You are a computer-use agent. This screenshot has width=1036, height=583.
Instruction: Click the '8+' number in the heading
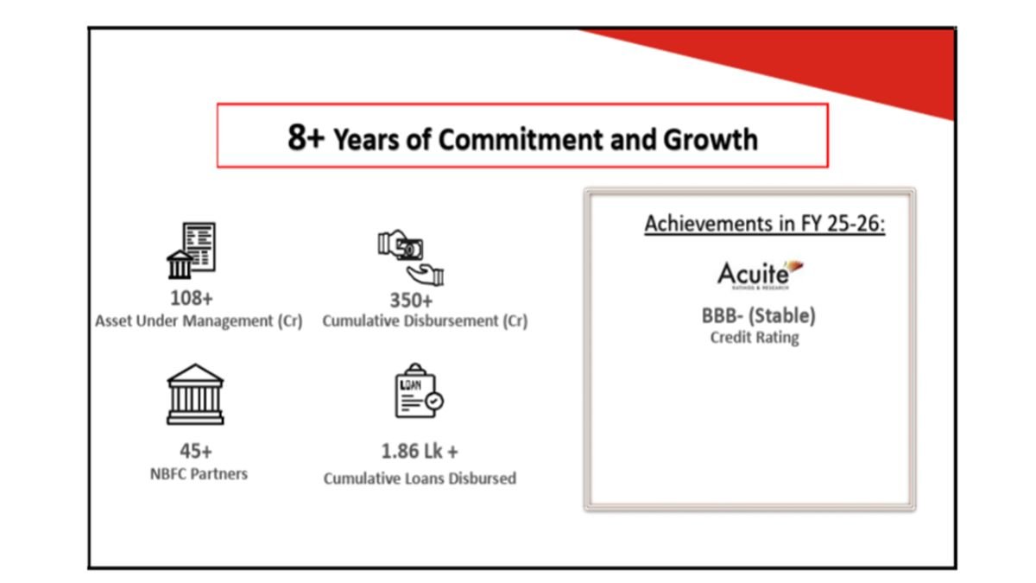coord(306,137)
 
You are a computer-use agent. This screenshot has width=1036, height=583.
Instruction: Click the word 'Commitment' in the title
coord(521,139)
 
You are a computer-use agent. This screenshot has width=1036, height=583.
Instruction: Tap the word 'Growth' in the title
coord(711,139)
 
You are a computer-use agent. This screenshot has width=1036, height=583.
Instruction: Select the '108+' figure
coord(192,298)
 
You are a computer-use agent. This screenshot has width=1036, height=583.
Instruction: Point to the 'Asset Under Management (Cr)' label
coord(199,320)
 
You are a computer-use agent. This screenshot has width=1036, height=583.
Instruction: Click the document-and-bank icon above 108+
coord(192,250)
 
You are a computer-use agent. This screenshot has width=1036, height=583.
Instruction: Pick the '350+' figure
coord(411,301)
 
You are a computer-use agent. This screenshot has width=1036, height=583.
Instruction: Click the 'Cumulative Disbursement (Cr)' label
coord(425,320)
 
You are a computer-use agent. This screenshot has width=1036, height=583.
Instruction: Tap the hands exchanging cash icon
coord(411,257)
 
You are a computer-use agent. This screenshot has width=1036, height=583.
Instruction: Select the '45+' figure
coord(196,451)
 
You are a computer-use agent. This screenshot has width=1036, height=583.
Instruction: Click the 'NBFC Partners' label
coord(199,474)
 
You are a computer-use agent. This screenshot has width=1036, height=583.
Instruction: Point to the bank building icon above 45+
coord(195,394)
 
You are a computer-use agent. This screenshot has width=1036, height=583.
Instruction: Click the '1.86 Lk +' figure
coord(420,451)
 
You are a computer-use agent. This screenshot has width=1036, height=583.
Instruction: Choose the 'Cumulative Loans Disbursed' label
coord(420,478)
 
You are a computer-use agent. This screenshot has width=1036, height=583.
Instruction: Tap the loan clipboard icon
coord(419,390)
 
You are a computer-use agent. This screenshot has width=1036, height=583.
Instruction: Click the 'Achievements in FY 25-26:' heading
coord(765,224)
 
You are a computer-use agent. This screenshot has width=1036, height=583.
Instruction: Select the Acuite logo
coord(760,275)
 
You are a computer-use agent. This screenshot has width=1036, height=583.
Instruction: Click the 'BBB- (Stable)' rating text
coord(759,316)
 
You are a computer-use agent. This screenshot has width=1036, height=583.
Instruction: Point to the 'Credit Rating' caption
coord(755,338)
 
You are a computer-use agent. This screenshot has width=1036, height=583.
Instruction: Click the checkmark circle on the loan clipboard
coord(434,401)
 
